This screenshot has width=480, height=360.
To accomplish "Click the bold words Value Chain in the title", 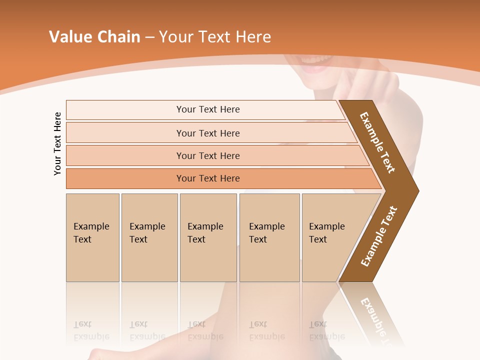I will pyautogui.click(x=94, y=37).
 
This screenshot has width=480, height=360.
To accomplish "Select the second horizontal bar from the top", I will pyautogui.click(x=208, y=133).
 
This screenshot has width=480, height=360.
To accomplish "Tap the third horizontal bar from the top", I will pyautogui.click(x=208, y=155).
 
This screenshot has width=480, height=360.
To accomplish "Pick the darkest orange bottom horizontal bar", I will pyautogui.click(x=208, y=178).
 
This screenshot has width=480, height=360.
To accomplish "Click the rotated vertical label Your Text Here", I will pyautogui.click(x=58, y=143).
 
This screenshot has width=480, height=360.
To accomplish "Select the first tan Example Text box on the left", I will pyautogui.click(x=92, y=237).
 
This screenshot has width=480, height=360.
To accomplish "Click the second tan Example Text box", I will pyautogui.click(x=149, y=237).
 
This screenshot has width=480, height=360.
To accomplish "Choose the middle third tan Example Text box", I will pyautogui.click(x=208, y=237).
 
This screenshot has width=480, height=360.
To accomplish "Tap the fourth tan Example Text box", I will pyautogui.click(x=269, y=237).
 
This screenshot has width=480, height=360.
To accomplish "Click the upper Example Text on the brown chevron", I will pyautogui.click(x=377, y=142).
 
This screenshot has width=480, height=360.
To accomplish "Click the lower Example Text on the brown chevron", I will pyautogui.click(x=379, y=236).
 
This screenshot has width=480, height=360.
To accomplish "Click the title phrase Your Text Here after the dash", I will pyautogui.click(x=215, y=37).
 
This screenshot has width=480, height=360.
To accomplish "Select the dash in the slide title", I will pyautogui.click(x=149, y=37).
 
